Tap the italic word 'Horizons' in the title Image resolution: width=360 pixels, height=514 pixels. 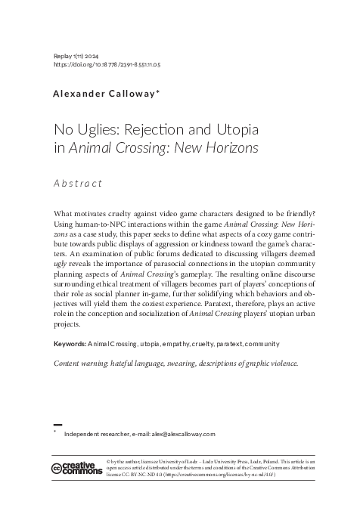(x=227, y=147)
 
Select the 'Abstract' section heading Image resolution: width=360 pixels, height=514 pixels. (x=78, y=183)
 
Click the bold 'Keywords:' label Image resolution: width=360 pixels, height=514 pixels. (x=70, y=345)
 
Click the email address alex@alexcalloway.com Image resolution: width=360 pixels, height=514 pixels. (x=172, y=434)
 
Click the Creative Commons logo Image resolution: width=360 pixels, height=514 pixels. (x=76, y=469)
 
